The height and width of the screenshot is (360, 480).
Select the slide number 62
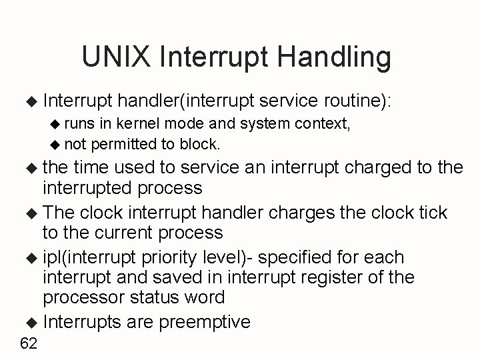pyautogui.click(x=29, y=343)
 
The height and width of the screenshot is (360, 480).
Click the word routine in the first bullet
pyautogui.click(x=357, y=102)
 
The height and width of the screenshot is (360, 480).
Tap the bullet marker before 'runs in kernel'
pyautogui.click(x=57, y=123)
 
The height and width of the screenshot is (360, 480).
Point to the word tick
pyautogui.click(x=431, y=213)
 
